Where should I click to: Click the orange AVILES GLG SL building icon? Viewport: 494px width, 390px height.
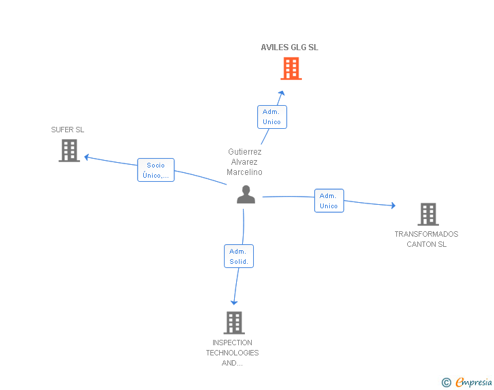pyautogui.click(x=291, y=69)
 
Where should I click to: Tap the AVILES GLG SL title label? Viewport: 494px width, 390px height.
pyautogui.click(x=290, y=47)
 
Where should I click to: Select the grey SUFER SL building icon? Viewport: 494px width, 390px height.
pyautogui.click(x=69, y=151)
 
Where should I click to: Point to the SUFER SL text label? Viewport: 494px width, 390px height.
pyautogui.click(x=68, y=130)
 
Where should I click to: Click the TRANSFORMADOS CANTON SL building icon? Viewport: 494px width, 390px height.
pyautogui.click(x=427, y=214)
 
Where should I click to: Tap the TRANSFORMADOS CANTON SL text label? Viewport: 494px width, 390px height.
pyautogui.click(x=427, y=239)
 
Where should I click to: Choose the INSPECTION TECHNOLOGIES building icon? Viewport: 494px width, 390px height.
pyautogui.click(x=233, y=323)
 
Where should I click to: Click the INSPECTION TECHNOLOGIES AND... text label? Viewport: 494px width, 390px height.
pyautogui.click(x=233, y=353)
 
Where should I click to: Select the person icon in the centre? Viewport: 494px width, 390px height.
pyautogui.click(x=246, y=195)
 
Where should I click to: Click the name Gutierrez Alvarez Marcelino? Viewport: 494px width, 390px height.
pyautogui.click(x=245, y=162)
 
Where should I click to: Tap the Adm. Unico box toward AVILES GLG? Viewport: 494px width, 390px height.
pyautogui.click(x=272, y=117)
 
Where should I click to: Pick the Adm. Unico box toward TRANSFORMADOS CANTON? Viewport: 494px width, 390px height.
pyautogui.click(x=329, y=201)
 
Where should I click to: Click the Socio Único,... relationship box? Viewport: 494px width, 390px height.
pyautogui.click(x=156, y=170)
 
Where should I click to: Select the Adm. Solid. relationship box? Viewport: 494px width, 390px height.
pyautogui.click(x=238, y=256)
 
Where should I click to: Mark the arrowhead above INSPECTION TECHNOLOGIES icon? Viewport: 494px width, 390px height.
pyautogui.click(x=234, y=302)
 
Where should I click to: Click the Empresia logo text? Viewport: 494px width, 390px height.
pyautogui.click(x=474, y=383)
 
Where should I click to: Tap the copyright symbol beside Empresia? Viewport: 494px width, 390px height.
pyautogui.click(x=446, y=383)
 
